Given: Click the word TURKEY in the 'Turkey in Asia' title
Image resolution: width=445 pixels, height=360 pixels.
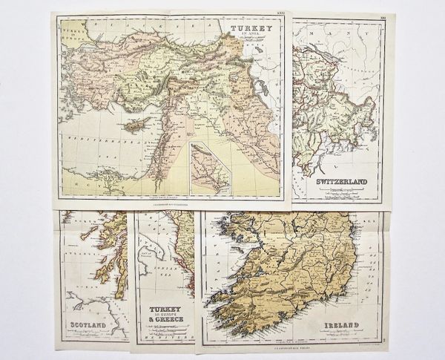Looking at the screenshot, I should pos(247,30).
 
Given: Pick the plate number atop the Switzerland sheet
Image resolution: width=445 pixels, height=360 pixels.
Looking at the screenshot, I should pos(380,19).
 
